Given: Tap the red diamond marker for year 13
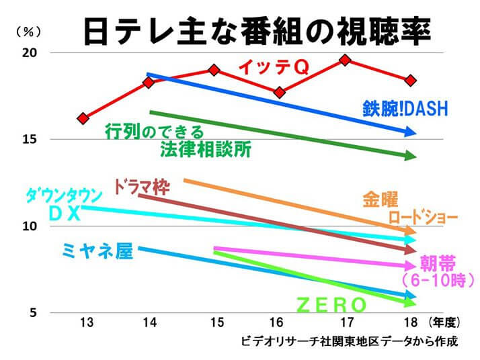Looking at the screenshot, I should [x=83, y=118].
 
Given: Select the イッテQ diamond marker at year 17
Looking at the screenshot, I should [x=345, y=60].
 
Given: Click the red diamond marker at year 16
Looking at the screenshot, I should [x=280, y=92].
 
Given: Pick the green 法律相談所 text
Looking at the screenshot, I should [x=206, y=150].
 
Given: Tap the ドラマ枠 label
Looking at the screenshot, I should [x=141, y=186].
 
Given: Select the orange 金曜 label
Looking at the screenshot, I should [x=381, y=199].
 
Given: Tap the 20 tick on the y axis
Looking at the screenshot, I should [x=31, y=53].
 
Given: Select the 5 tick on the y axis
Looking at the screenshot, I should [x=34, y=313].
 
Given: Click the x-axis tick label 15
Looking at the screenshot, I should [x=214, y=323].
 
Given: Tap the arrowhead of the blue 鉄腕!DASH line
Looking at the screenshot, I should [x=411, y=133].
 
